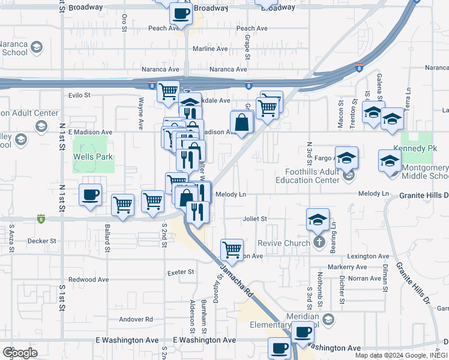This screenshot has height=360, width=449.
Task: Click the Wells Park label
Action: click(93, 157)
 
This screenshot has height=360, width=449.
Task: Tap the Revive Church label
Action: click(282, 243)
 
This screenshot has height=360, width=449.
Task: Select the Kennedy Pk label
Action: click(412, 148)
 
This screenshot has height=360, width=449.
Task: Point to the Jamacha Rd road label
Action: click(235, 281)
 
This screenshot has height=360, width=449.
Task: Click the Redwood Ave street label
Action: click(88, 280)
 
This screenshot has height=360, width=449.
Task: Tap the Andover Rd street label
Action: click(136, 319)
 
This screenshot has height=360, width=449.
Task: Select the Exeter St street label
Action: click(181, 272)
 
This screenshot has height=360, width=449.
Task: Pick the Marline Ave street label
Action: click(210, 49)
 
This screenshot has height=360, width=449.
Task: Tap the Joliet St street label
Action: click(255, 219)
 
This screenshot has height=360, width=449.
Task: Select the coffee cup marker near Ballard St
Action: click(90, 195)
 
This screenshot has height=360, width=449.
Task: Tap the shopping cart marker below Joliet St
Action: click(231, 248)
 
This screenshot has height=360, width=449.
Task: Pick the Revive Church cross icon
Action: click(319, 242)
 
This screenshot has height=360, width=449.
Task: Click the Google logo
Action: click(20, 353)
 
